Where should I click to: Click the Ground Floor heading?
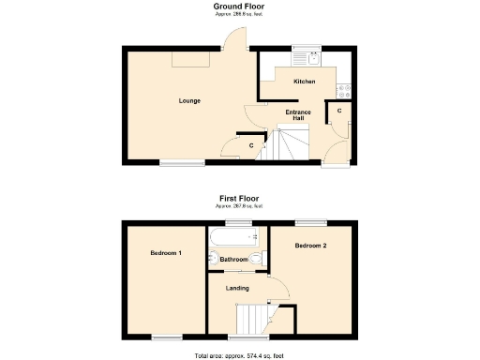point(239,6)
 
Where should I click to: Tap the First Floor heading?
point(239,198)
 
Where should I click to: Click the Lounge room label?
point(190,100)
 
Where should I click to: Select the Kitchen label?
point(304,82)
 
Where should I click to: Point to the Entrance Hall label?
point(298,115)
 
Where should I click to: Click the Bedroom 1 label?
point(166,253)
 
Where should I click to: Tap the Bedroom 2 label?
point(309,246)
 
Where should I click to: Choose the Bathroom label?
point(234,260)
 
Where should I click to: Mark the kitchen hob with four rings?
point(344,90)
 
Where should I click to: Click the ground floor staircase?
point(293,145)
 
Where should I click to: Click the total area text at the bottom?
point(239,355)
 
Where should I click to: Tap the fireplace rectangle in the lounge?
point(190,59)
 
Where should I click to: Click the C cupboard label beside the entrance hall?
point(338,112)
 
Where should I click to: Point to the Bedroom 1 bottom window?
point(168,337)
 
